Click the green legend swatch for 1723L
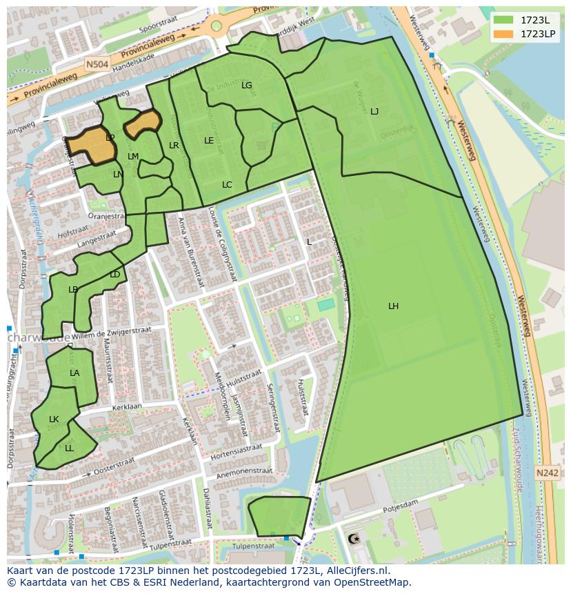[503, 20]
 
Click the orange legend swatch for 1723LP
[503, 34]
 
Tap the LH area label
[393, 306]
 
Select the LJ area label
[374, 112]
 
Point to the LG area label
[247, 86]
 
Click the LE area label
[209, 141]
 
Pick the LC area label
[227, 185]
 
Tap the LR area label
[174, 146]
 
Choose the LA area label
[74, 373]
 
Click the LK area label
[54, 419]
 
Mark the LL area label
[69, 448]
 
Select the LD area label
[114, 275]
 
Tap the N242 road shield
[547, 473]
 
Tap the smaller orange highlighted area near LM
[143, 123]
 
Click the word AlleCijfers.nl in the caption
[356, 571]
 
